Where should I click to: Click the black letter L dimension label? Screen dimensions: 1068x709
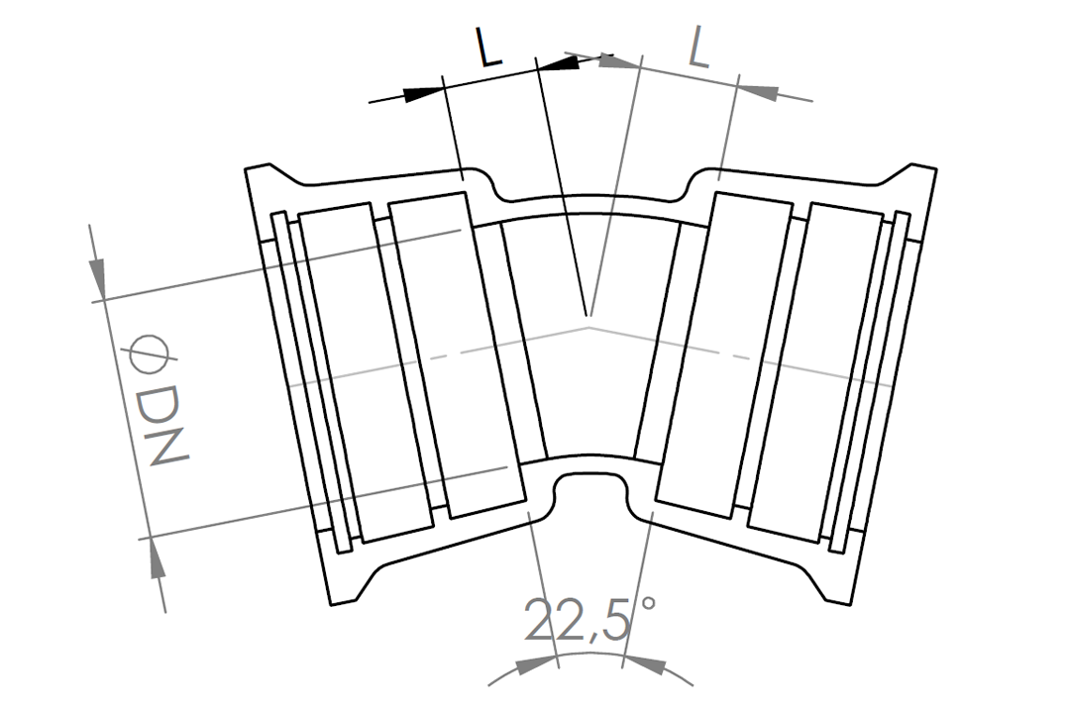point(489,48)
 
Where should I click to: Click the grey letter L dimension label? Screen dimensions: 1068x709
point(698,48)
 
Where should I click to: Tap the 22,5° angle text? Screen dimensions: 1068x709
point(589,619)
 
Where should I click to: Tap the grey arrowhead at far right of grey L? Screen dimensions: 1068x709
point(758,90)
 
